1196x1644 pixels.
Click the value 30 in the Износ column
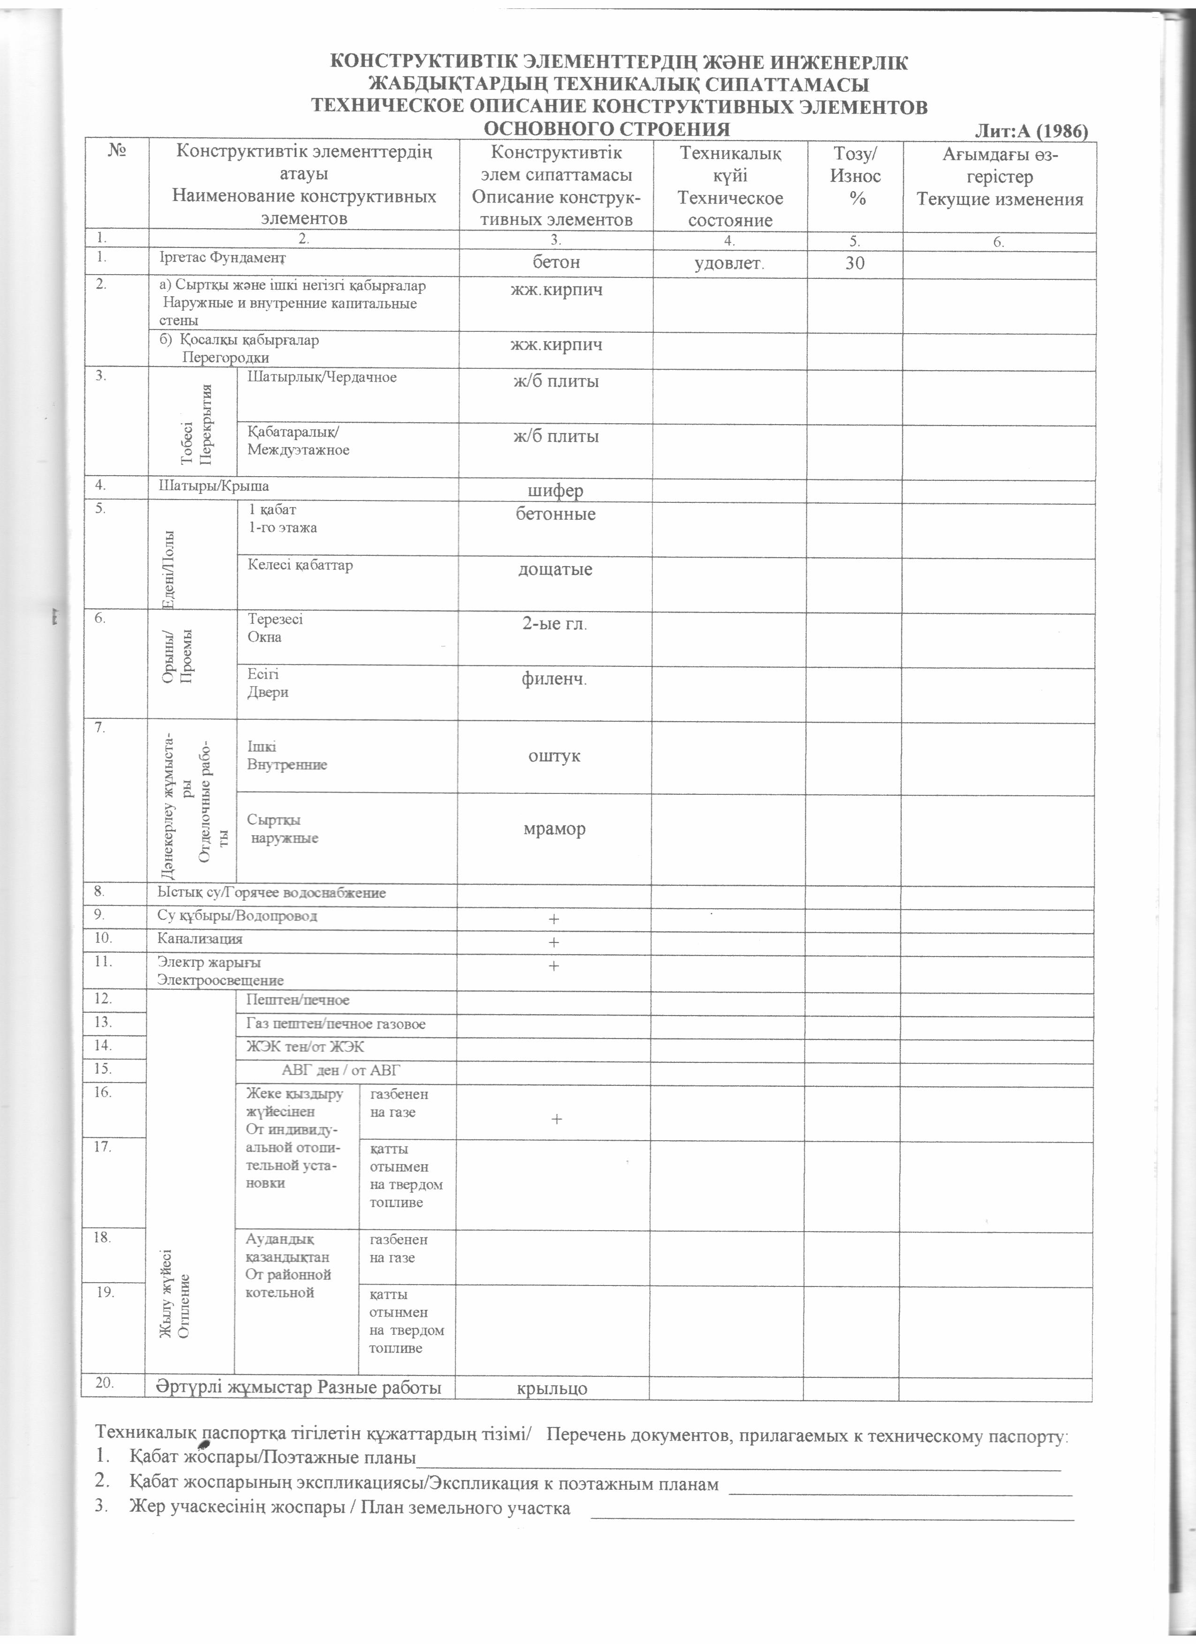click(x=855, y=263)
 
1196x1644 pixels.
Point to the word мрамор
click(x=555, y=829)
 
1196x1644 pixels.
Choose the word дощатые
click(x=555, y=569)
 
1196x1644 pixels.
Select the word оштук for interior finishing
click(x=555, y=756)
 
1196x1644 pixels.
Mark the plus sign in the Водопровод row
click(x=554, y=919)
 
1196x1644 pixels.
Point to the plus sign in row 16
click(x=556, y=1119)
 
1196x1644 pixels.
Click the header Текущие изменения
click(x=1000, y=199)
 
